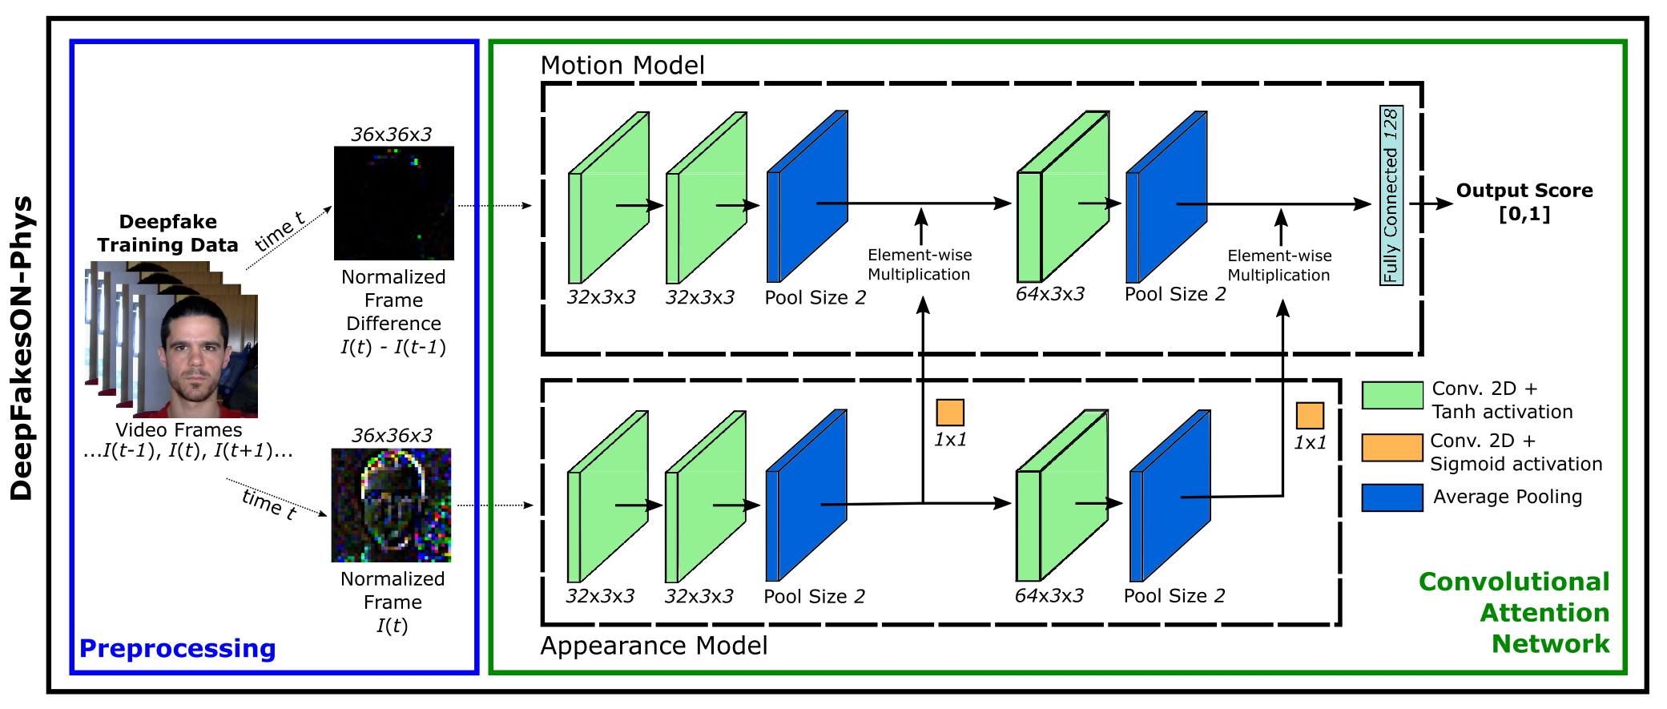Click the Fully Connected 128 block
click(x=1391, y=195)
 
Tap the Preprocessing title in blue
click(x=177, y=648)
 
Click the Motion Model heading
click(x=622, y=65)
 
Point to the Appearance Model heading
click(x=654, y=646)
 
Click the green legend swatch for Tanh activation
click(x=1392, y=396)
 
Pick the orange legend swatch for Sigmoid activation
click(x=1392, y=448)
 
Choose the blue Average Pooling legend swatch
click(x=1392, y=498)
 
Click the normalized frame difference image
click(x=393, y=203)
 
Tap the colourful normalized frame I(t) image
click(x=391, y=505)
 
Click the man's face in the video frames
click(x=195, y=352)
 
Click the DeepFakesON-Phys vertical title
click(x=22, y=348)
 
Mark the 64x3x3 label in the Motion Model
click(x=1049, y=294)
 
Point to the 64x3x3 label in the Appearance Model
click(x=1049, y=596)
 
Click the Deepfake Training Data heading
click(x=167, y=233)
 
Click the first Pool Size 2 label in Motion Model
click(x=815, y=298)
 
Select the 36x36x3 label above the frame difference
click(x=391, y=135)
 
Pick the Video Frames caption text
click(x=179, y=430)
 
